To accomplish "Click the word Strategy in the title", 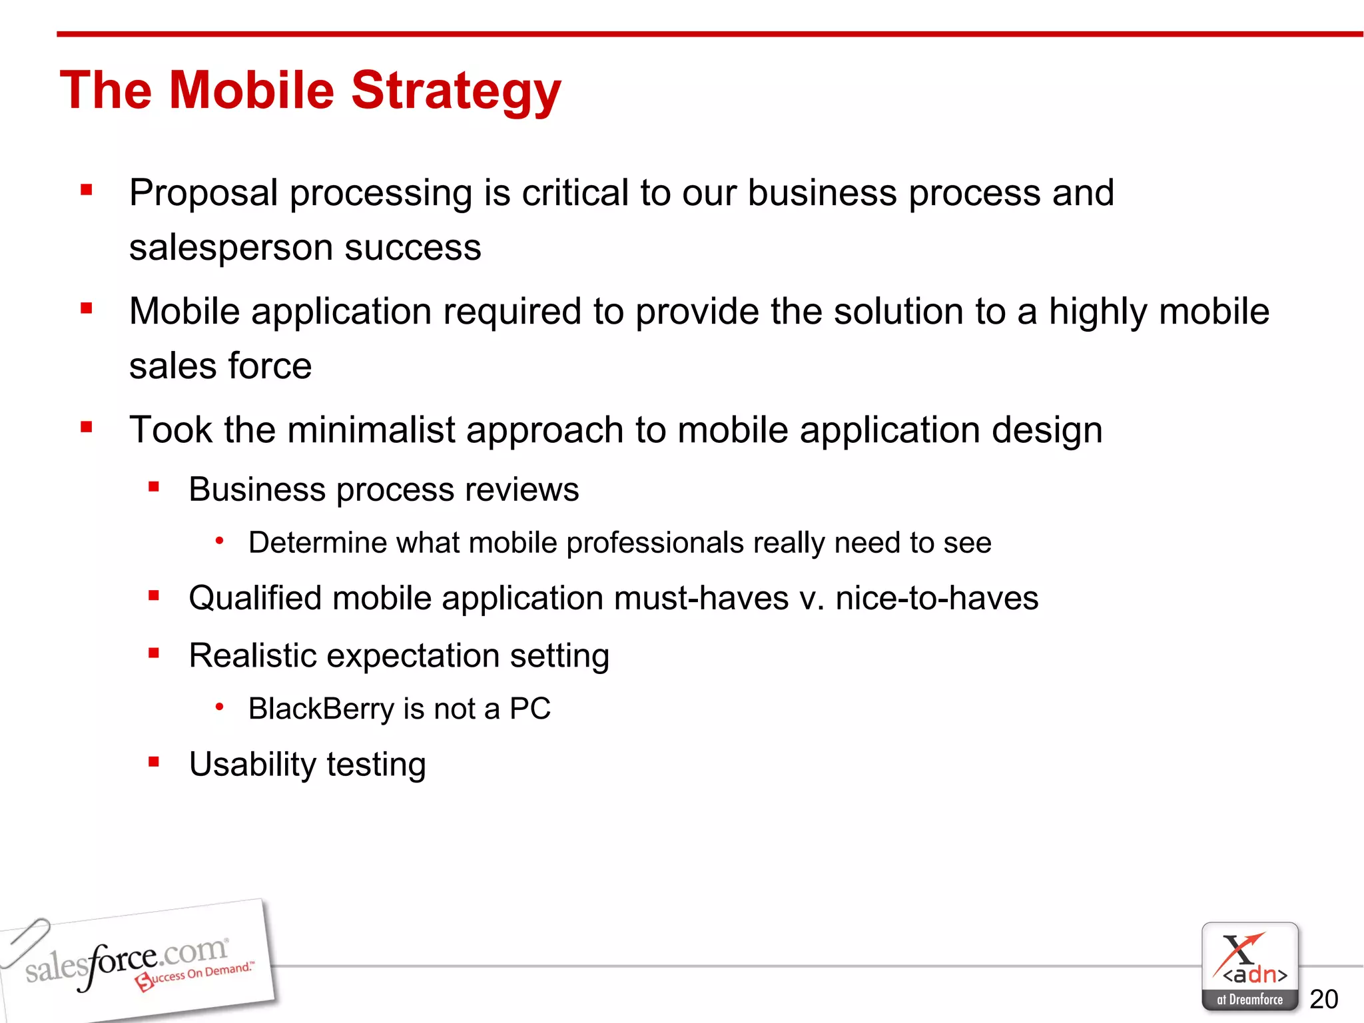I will pos(456,91).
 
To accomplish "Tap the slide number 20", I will pos(1323,999).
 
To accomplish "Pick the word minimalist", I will pos(370,430).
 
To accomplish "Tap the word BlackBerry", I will pos(321,709).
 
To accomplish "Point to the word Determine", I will pos(316,543).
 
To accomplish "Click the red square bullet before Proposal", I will pos(86,190).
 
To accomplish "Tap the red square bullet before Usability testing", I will pos(154,761).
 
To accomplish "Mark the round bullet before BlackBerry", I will pos(219,707).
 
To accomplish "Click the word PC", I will pos(530,709).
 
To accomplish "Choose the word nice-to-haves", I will pos(936,598).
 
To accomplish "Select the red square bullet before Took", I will pos(86,427).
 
